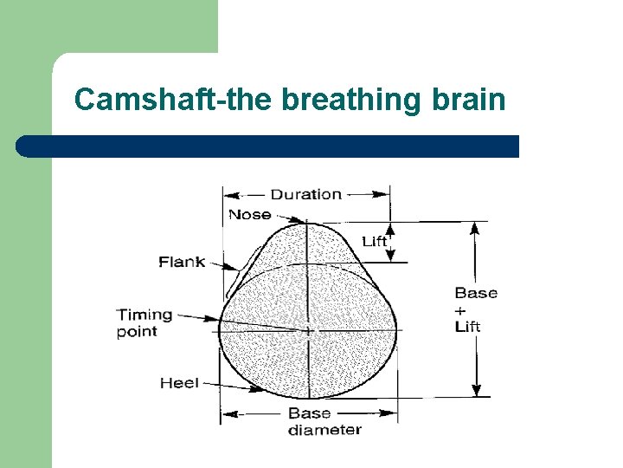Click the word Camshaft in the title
click(130, 100)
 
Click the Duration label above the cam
click(306, 194)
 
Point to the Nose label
click(249, 214)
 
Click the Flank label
click(181, 261)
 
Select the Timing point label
click(145, 322)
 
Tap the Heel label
click(179, 382)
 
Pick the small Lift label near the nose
click(375, 241)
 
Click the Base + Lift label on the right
click(475, 309)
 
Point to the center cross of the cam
click(309, 330)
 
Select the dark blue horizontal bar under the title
click(268, 146)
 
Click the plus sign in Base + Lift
click(459, 310)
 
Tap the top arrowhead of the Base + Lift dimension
click(474, 227)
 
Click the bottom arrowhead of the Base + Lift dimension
click(474, 391)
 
